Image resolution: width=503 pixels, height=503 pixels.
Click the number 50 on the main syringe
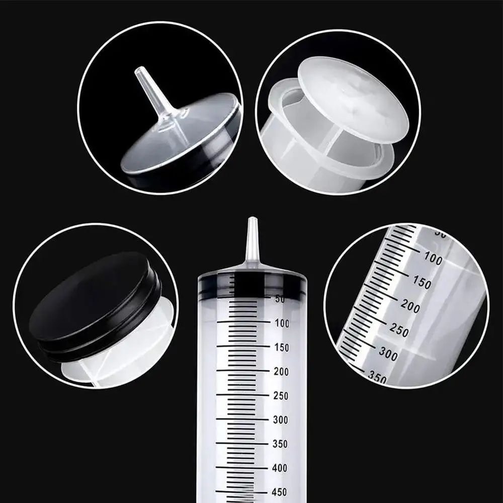280,299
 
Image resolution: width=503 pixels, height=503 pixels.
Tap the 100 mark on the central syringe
282,323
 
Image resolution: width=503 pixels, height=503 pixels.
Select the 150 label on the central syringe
282,348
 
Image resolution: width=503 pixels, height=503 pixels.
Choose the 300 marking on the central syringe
281,420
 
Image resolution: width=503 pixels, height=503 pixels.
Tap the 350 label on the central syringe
281,444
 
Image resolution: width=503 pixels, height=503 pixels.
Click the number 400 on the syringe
280,468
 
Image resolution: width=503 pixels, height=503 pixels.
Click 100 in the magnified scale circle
433,260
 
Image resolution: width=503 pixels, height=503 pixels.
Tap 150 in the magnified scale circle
422,283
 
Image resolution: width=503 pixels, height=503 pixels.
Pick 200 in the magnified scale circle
410,306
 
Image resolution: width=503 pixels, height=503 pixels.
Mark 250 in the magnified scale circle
399,330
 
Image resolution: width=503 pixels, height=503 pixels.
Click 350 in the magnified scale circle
377,377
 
